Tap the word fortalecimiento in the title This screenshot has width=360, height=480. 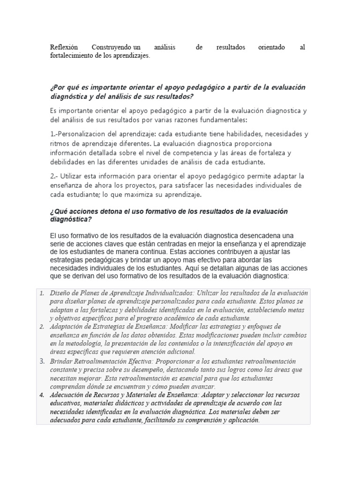pos(73,56)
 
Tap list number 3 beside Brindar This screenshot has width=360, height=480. pos(42,361)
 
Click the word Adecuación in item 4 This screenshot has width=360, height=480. pos(67,395)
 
